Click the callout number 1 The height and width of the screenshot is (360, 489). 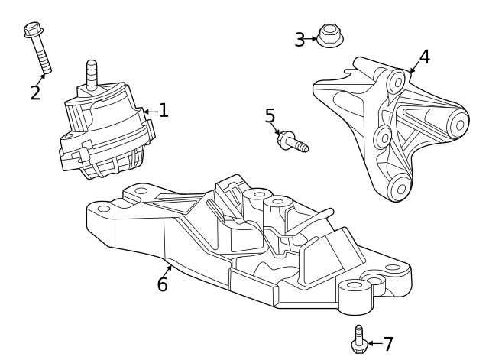click(163, 111)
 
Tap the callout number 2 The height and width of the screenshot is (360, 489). click(35, 93)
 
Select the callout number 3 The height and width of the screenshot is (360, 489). click(300, 39)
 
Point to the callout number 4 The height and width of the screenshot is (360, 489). click(424, 57)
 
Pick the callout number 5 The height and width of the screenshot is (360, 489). click(270, 116)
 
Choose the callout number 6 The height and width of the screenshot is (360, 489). click(162, 284)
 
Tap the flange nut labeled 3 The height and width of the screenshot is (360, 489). click(329, 36)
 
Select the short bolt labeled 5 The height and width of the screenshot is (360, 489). click(293, 142)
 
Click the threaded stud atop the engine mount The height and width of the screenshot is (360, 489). click(92, 73)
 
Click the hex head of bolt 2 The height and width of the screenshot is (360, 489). click(32, 30)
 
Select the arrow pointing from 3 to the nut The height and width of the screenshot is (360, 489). click(311, 38)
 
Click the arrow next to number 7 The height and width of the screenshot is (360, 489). click(373, 344)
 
